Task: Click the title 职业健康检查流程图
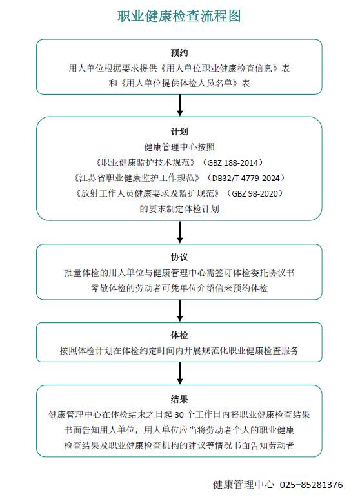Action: (179, 16)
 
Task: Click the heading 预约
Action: (179, 53)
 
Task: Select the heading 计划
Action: (179, 132)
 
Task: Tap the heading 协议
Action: (179, 257)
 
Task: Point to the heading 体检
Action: (179, 335)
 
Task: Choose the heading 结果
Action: (179, 399)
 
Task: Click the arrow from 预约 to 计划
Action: (179, 105)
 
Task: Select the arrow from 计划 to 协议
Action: (179, 232)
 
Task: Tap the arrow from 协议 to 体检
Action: (179, 311)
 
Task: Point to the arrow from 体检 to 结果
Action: (179, 373)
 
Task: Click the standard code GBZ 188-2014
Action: (232, 163)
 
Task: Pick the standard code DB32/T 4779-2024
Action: (246, 178)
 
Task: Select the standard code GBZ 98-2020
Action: (255, 193)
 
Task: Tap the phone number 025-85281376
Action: (311, 485)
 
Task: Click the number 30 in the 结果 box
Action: (179, 414)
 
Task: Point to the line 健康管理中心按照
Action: (179, 147)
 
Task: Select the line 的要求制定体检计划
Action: (179, 210)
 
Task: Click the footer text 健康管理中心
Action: (243, 485)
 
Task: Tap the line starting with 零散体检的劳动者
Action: (179, 288)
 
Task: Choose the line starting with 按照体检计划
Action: (179, 351)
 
